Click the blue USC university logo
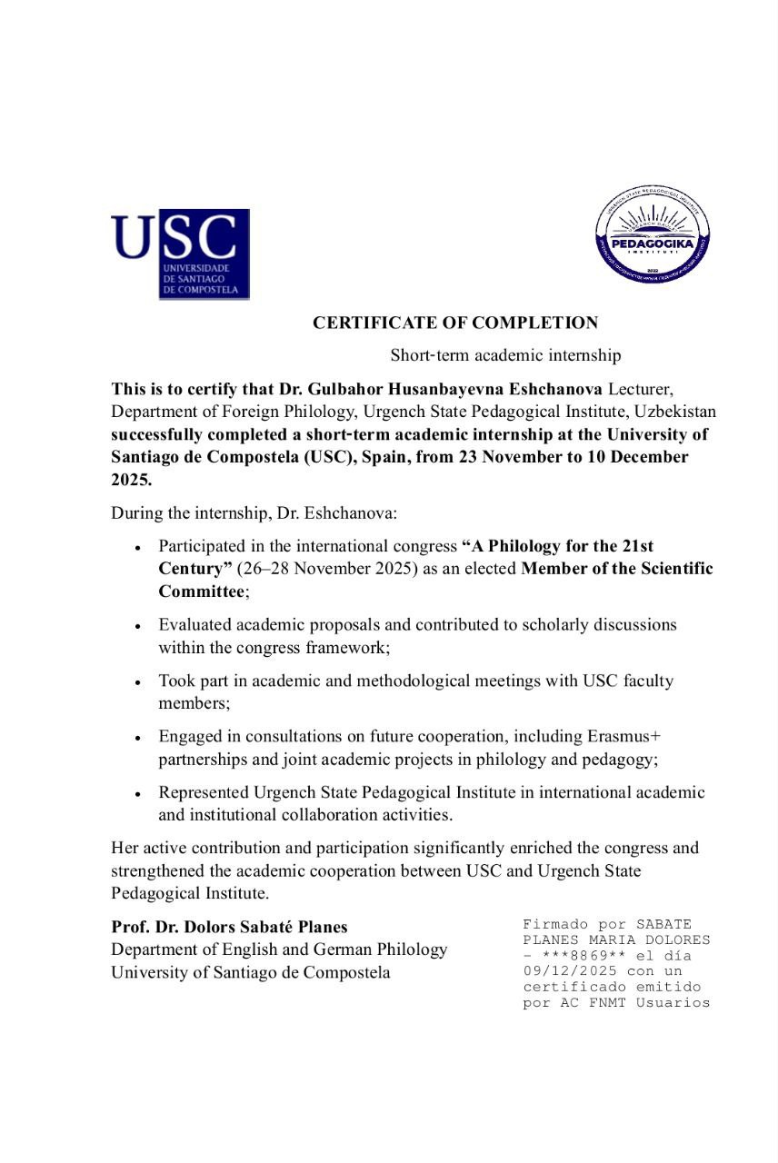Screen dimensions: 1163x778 click(x=180, y=253)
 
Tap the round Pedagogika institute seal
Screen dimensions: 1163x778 click(x=653, y=231)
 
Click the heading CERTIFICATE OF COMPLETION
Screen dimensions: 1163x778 click(x=455, y=323)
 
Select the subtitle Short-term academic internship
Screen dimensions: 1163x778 click(x=505, y=356)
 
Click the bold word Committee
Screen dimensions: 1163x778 click(x=201, y=591)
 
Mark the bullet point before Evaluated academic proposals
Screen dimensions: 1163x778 click(x=137, y=627)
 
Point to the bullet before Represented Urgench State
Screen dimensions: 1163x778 click(x=137, y=794)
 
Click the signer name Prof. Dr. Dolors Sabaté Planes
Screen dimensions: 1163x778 click(x=229, y=928)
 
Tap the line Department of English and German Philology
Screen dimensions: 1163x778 click(x=279, y=949)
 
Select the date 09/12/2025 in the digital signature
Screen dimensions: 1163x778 click(x=566, y=971)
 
